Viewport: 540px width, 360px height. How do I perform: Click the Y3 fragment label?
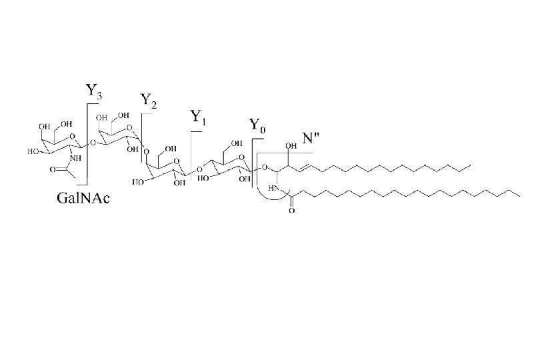(x=94, y=91)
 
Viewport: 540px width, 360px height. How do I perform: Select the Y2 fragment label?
(x=149, y=101)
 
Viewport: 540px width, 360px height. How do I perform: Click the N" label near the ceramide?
(x=311, y=139)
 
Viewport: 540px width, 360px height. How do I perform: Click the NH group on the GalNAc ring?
(x=74, y=158)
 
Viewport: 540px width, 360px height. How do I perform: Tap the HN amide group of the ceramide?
(x=273, y=189)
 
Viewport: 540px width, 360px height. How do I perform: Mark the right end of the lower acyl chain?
(x=519, y=195)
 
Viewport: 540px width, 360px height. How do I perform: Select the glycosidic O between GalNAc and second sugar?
(x=93, y=141)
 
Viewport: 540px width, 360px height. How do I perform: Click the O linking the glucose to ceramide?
(x=265, y=167)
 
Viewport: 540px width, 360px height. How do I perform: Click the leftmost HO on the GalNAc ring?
(x=32, y=152)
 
